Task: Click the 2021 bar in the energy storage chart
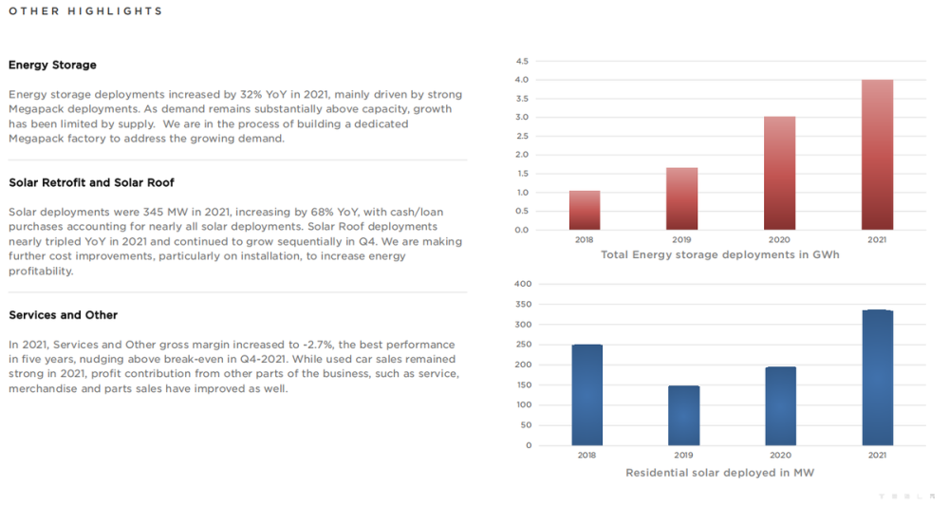tap(877, 155)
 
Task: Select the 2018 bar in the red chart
tap(585, 210)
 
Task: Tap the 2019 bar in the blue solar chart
tap(683, 416)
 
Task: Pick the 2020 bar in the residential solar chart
tap(780, 406)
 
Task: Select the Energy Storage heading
tap(52, 66)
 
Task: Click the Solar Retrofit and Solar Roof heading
tap(91, 182)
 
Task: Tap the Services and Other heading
tap(63, 315)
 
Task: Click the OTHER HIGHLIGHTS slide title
tap(85, 11)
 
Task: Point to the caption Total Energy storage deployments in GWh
tap(720, 255)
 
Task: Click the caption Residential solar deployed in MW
tap(720, 472)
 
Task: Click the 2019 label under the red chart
tap(681, 240)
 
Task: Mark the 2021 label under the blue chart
tap(877, 456)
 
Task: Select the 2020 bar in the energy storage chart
tap(779, 173)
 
